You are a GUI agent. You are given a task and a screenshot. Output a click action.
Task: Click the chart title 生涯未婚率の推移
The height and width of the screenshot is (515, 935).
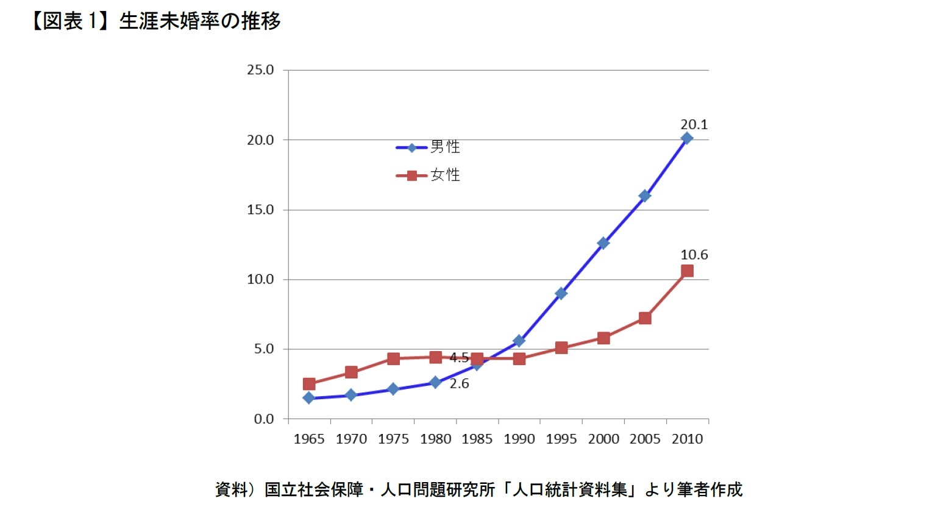199,21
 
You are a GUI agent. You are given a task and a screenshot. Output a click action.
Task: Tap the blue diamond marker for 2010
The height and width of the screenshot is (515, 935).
687,138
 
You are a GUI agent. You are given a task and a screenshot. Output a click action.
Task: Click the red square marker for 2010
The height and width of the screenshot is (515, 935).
687,271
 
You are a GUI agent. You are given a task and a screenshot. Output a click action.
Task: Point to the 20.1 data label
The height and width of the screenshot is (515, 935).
694,124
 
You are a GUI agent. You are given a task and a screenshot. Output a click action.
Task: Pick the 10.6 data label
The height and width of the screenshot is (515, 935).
694,255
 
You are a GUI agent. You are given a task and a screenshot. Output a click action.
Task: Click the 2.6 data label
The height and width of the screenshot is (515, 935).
459,383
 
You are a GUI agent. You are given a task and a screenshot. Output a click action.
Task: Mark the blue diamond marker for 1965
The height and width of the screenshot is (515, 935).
309,398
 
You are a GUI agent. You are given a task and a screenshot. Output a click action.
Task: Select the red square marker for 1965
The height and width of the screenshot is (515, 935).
309,384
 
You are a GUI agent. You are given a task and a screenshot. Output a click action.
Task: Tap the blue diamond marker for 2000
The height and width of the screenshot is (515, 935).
603,243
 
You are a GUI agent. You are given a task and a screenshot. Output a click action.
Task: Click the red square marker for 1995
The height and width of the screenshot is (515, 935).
561,348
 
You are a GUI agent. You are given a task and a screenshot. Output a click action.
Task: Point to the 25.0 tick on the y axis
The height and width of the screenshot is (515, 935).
260,70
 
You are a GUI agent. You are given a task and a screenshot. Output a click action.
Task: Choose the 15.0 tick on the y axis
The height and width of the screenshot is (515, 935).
260,210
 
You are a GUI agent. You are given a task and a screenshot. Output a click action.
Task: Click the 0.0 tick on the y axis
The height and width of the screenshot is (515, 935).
263,419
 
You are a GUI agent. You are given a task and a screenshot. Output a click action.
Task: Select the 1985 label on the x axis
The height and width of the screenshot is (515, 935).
477,439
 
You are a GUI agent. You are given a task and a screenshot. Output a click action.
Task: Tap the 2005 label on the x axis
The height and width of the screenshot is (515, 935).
645,439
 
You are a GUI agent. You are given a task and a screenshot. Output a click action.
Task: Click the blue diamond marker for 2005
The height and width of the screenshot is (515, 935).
645,196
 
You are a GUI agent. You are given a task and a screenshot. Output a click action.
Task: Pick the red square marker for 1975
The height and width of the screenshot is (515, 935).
393,358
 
